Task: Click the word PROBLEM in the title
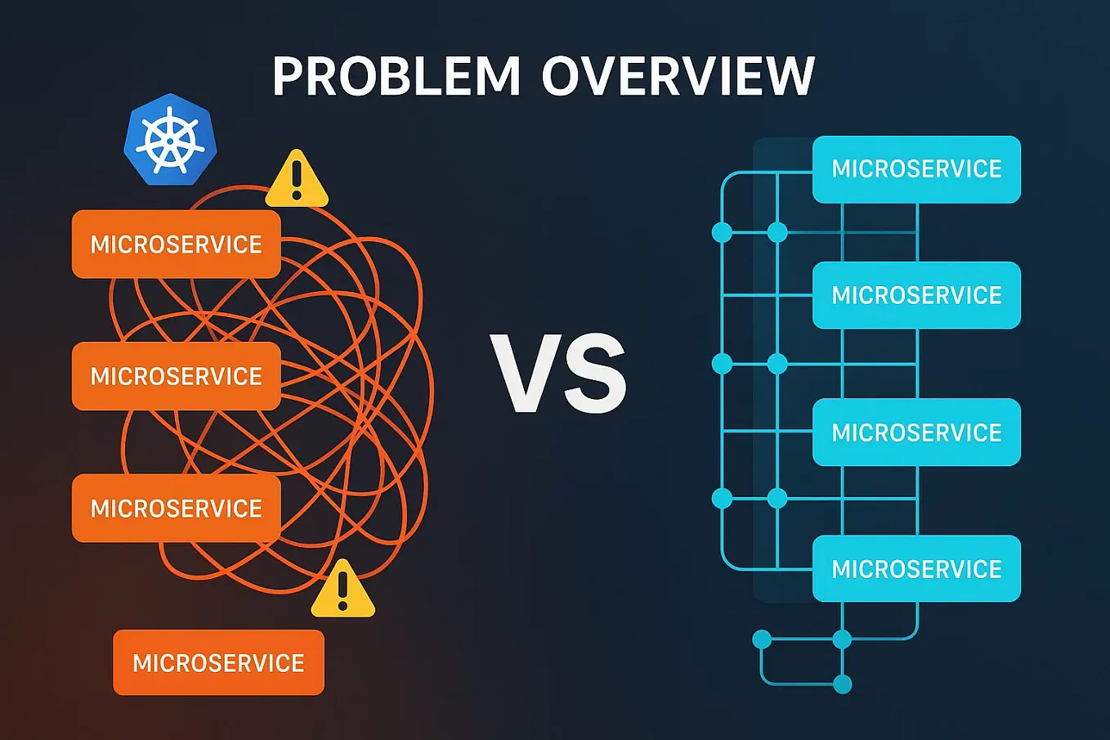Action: (x=396, y=77)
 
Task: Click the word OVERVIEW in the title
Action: (x=678, y=77)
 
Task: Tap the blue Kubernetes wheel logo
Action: (x=170, y=140)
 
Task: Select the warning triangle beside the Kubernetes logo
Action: (x=297, y=179)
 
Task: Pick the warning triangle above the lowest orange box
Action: (x=342, y=590)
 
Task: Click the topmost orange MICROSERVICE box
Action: (x=176, y=244)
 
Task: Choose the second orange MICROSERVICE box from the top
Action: (x=176, y=376)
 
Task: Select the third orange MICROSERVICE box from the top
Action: (x=176, y=508)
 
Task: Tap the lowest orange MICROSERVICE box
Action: (x=218, y=662)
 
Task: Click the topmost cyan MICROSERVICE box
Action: (x=916, y=169)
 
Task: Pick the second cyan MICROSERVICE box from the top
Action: (x=916, y=295)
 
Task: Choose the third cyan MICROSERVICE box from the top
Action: (x=916, y=433)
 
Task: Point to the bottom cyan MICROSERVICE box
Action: (x=916, y=569)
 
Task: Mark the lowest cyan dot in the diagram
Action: (x=842, y=684)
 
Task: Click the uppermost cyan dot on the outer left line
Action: (x=722, y=232)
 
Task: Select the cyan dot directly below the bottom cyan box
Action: (x=842, y=639)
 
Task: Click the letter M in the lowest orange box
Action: (x=143, y=663)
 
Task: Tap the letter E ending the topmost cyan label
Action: (x=994, y=169)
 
